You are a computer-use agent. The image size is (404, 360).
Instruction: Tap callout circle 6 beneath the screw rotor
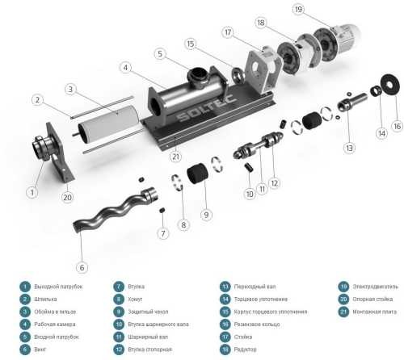82,267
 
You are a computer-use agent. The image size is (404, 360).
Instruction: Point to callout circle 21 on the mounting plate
175,157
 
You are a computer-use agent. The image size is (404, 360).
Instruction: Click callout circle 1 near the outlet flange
32,192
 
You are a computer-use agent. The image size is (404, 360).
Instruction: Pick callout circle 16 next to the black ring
397,126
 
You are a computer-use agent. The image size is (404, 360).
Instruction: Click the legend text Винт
38,349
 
